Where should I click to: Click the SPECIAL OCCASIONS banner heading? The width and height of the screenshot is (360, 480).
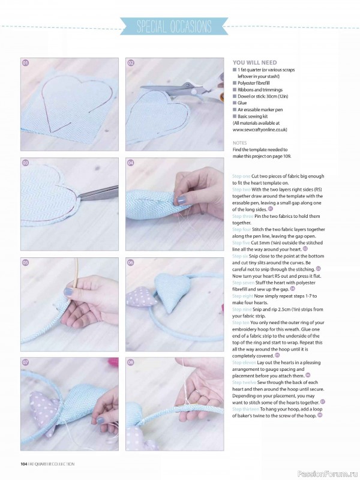coord(174,27)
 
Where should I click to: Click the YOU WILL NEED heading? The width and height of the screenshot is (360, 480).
coord(254,62)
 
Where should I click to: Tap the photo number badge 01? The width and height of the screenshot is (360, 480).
coord(26,63)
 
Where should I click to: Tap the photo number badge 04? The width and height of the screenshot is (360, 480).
coord(131,163)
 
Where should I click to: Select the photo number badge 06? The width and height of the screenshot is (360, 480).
coord(131,263)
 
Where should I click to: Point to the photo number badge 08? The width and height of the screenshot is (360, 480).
coord(131,363)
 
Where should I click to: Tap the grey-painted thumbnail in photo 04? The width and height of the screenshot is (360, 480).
coord(181,200)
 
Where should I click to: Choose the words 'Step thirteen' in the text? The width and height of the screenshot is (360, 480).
coord(246,408)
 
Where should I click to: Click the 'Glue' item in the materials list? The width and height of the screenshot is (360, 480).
coord(242,103)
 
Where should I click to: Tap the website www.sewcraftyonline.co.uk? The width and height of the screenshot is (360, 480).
coord(260,129)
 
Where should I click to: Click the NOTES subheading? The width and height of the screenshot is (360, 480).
coord(239,143)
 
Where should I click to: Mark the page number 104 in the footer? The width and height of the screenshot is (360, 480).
coord(24,463)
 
